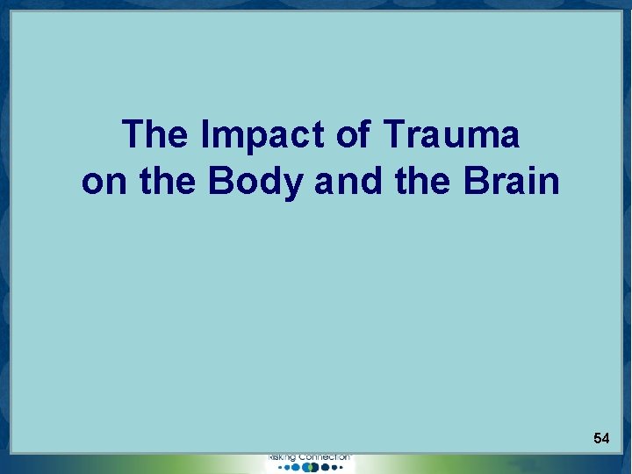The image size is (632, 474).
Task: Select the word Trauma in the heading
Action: coord(451,135)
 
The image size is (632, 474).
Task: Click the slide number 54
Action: coord(601,437)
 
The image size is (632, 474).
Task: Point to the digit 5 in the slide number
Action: coord(597,437)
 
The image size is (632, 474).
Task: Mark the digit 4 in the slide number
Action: coord(606,437)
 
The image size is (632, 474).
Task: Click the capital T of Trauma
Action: coord(391,135)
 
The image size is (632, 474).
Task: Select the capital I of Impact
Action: coord(205,135)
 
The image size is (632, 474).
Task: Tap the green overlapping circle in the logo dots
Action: coord(312,468)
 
